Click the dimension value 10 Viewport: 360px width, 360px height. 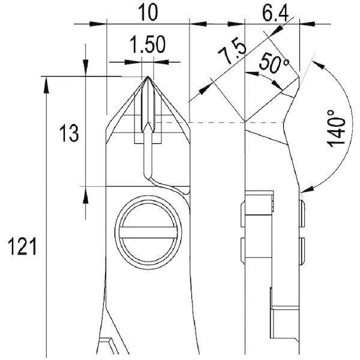pyautogui.click(x=149, y=13)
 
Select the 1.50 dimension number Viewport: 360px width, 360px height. pyautogui.click(x=148, y=44)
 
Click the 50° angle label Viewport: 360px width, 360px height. pyautogui.click(x=274, y=62)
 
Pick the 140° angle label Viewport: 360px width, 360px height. pyautogui.click(x=336, y=128)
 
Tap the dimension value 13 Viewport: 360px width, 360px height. pyautogui.click(x=69, y=134)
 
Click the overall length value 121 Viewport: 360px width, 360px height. pyautogui.click(x=22, y=247)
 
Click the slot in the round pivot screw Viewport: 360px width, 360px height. pyautogui.click(x=148, y=233)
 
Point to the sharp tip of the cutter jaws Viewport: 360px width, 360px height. pyautogui.click(x=148, y=76)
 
